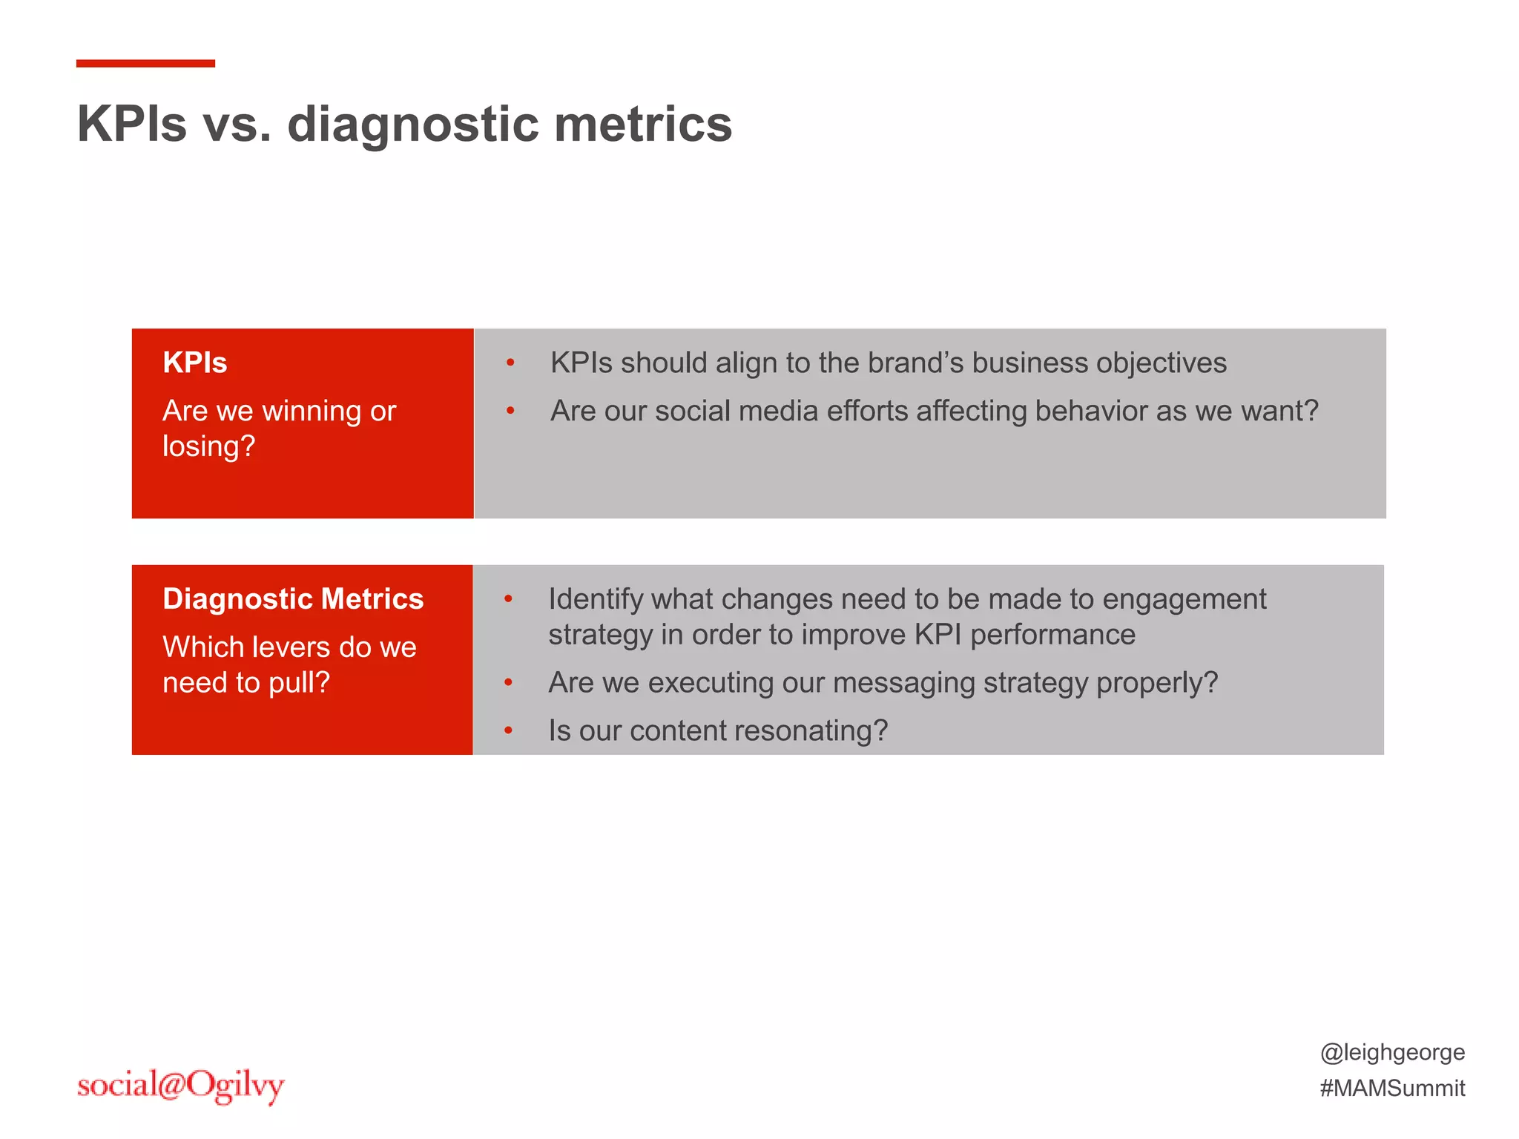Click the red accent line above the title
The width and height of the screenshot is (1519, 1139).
(x=145, y=64)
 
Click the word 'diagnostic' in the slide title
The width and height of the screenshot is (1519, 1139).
(x=412, y=125)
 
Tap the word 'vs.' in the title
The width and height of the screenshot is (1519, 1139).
(x=237, y=125)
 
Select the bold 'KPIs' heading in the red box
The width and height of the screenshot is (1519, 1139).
(x=194, y=363)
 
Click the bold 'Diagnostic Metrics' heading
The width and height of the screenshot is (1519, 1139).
(x=293, y=598)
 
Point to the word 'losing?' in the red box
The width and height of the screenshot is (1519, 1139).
(x=208, y=447)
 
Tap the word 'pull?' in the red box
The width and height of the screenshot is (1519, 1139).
(x=298, y=682)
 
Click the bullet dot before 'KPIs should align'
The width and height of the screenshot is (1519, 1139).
(x=510, y=363)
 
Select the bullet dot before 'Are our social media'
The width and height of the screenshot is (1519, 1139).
(x=510, y=411)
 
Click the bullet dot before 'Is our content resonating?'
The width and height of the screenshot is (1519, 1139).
(x=509, y=730)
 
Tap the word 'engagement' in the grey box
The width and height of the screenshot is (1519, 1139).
(x=1184, y=599)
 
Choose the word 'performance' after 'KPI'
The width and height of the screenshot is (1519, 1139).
(x=1052, y=635)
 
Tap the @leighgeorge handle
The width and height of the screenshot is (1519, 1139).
(x=1392, y=1052)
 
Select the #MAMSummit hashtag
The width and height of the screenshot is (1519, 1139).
(x=1392, y=1088)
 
